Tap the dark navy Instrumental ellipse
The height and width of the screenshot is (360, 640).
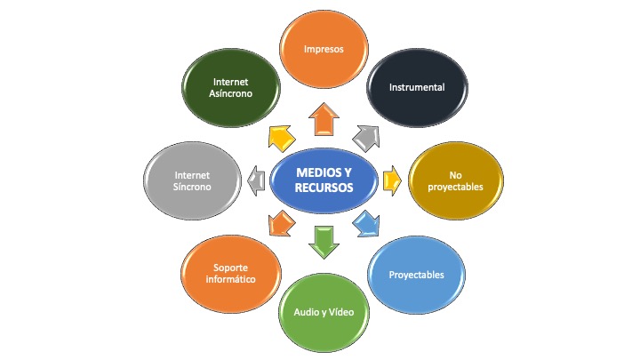coord(416,87)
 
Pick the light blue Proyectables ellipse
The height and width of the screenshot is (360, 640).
coord(416,274)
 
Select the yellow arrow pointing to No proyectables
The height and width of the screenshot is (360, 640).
coord(388,181)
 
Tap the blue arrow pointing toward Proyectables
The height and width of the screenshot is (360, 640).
coord(366,223)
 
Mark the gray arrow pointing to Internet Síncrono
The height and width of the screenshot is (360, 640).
coord(256,181)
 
